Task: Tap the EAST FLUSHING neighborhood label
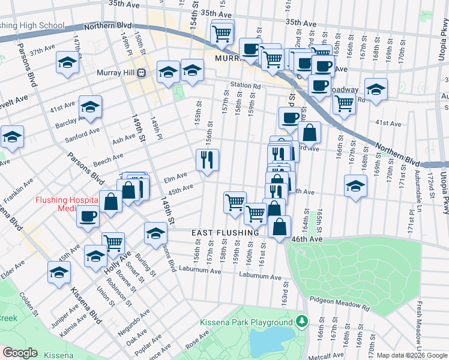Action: (x=225, y=232)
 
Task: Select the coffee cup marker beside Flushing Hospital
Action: (x=88, y=216)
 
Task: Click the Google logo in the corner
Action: (x=20, y=353)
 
